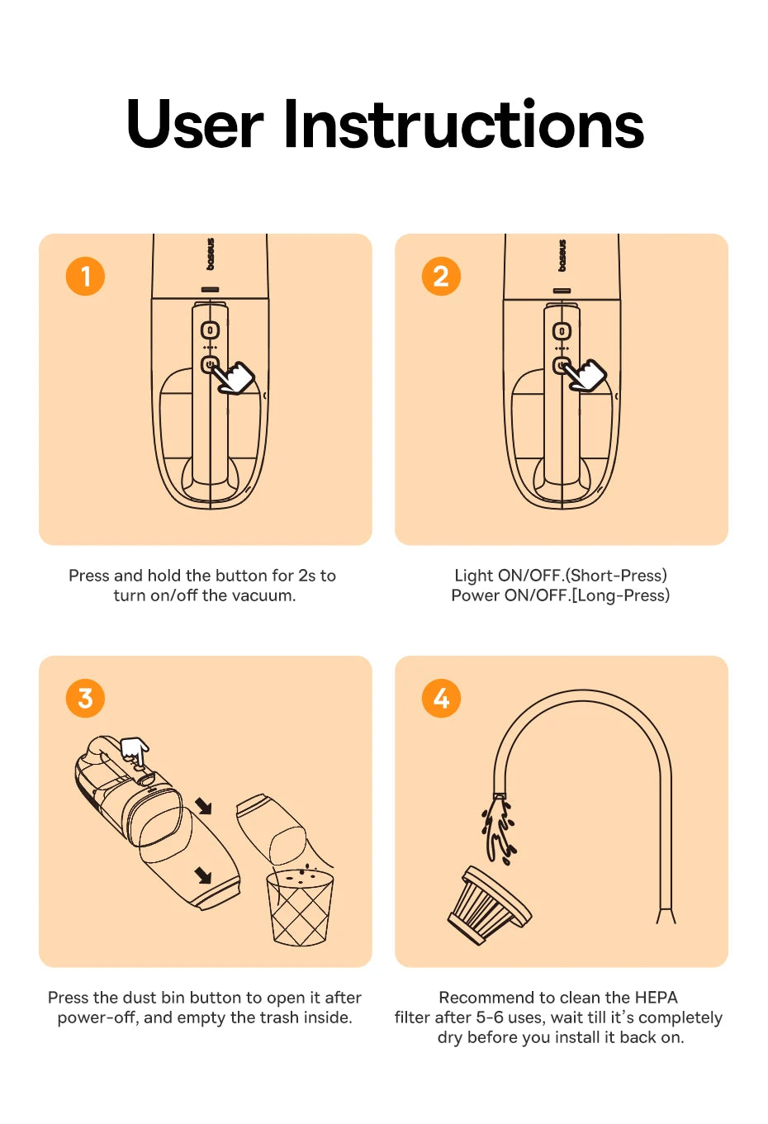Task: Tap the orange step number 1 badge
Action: (x=85, y=277)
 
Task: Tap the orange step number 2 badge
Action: (x=442, y=277)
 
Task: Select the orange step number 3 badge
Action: (x=85, y=699)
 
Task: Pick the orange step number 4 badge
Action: (x=442, y=699)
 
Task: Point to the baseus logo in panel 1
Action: (x=211, y=254)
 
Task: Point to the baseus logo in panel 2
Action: (x=562, y=255)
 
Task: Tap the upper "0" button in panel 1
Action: (x=211, y=330)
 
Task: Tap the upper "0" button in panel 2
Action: (x=562, y=331)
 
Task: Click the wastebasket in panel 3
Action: (x=300, y=908)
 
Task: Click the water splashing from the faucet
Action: (x=498, y=832)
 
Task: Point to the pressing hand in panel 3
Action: (x=135, y=752)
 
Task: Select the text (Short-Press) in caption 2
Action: (x=617, y=576)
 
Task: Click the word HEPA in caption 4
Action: (x=657, y=998)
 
